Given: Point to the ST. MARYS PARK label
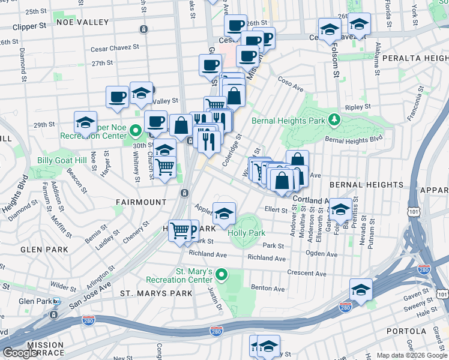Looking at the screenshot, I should tap(156, 293).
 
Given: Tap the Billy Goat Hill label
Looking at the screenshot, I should tap(61, 160).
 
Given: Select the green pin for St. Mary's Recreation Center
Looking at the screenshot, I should tap(221, 275).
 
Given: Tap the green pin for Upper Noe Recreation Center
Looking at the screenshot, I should tap(136, 129).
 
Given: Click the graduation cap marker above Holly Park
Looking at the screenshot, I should tap(224, 212).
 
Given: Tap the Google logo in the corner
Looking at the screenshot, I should tap(20, 353).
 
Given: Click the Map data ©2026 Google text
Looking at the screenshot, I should tap(412, 355).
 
